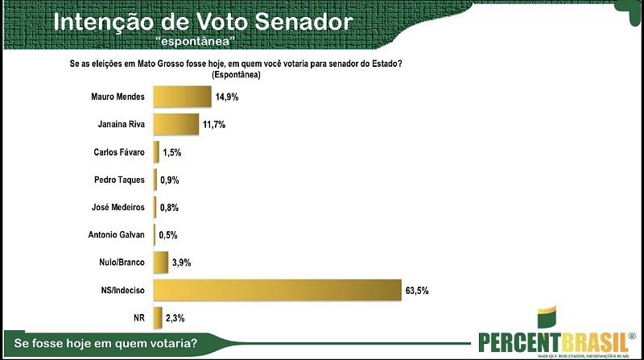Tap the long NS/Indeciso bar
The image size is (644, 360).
click(x=277, y=290)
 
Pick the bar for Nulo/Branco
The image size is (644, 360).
click(x=160, y=263)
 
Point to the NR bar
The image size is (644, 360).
click(x=158, y=317)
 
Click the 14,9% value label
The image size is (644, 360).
click(x=227, y=97)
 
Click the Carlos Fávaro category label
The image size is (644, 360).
click(x=120, y=152)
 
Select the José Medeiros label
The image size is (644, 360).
click(x=120, y=208)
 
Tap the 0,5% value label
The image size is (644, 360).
click(x=167, y=235)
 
